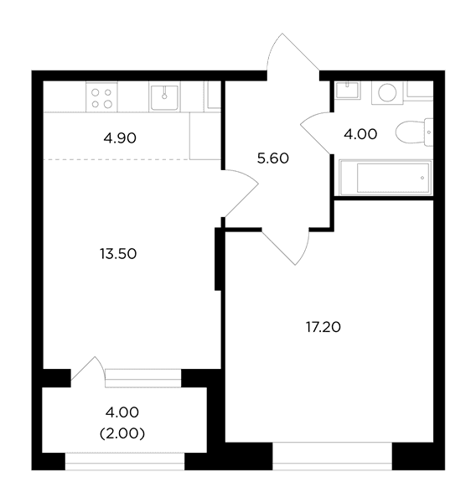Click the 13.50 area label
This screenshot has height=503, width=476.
click(x=118, y=254)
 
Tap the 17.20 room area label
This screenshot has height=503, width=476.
click(x=323, y=327)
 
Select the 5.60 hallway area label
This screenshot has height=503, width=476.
click(x=273, y=158)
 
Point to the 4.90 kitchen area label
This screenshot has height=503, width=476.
click(x=120, y=138)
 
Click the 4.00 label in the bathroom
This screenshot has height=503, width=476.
click(x=360, y=134)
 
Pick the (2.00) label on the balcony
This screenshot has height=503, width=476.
click(x=122, y=433)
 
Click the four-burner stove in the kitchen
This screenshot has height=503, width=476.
click(x=101, y=97)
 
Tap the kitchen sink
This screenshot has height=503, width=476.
click(x=164, y=97)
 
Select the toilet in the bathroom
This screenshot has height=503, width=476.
click(x=414, y=132)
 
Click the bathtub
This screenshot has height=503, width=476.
click(x=385, y=178)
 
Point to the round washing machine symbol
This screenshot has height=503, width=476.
click(x=387, y=93)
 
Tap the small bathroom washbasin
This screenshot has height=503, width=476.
click(x=348, y=90)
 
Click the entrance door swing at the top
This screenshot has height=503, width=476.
click(x=292, y=53)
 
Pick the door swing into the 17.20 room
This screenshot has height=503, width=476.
click(x=287, y=246)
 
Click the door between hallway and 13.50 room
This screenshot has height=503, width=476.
click(x=241, y=194)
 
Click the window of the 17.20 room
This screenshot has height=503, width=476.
click(x=332, y=456)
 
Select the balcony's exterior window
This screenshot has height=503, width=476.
click(x=125, y=461)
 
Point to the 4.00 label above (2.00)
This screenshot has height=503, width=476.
click(x=122, y=412)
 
